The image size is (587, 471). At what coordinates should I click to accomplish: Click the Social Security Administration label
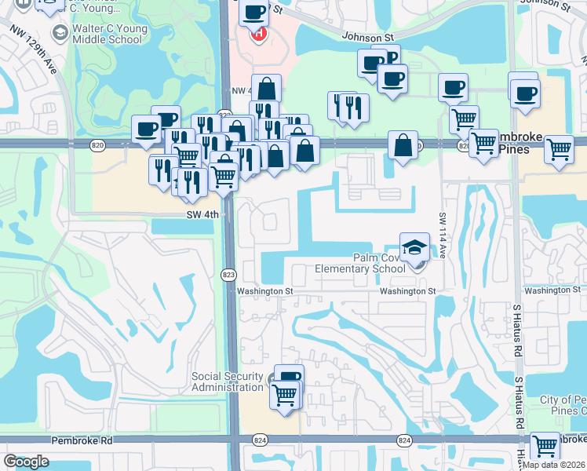pyautogui.click(x=228, y=382)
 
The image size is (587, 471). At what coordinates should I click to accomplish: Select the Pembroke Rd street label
pyautogui.click(x=82, y=441)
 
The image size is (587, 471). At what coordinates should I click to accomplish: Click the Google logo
pyautogui.click(x=26, y=462)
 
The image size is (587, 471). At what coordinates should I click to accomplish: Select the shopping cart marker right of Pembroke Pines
pyautogui.click(x=559, y=147)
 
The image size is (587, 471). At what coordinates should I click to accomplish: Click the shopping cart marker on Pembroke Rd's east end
pyautogui.click(x=545, y=445)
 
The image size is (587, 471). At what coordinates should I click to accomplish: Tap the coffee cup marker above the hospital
pyautogui.click(x=255, y=12)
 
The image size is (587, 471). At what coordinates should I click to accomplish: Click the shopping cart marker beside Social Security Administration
pyautogui.click(x=284, y=394)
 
